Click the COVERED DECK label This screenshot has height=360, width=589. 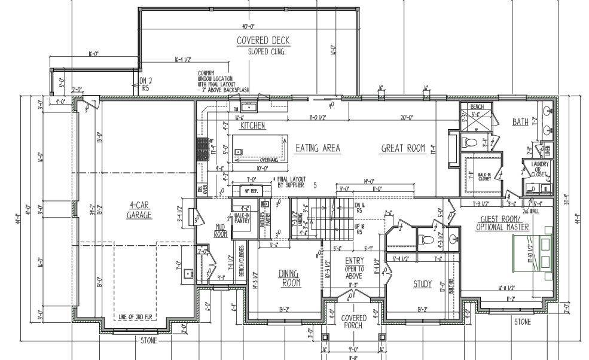tap(263, 41)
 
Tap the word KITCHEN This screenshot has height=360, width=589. tap(252, 126)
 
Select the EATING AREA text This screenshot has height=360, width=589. tap(318, 148)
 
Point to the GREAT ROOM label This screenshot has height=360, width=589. tap(403, 148)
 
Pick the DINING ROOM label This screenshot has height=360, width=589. tap(289, 277)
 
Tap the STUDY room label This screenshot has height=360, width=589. tap(422, 284)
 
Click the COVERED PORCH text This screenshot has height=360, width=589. tap(353, 322)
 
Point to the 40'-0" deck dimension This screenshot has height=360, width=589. tap(249, 27)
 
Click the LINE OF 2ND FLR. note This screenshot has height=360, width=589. tap(138, 316)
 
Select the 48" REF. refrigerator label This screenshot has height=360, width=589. tap(249, 191)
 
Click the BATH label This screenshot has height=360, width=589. tap(520, 122)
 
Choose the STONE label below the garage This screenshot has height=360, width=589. tap(149, 341)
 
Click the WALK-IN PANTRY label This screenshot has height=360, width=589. tap(242, 218)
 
